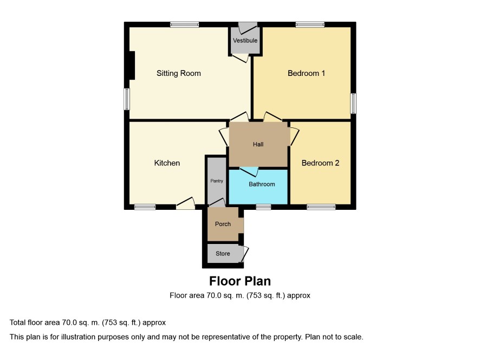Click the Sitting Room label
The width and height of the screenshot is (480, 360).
pos(178,73)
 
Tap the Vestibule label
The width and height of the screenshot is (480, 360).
pos(245,41)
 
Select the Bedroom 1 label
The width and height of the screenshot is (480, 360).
pos(306,73)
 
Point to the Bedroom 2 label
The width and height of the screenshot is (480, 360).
pos(320,163)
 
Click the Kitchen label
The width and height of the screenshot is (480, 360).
pos(167,163)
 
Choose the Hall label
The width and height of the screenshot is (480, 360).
pos(258,144)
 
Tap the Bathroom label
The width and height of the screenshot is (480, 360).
pos(262,184)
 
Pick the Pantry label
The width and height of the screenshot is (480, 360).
pos(217,181)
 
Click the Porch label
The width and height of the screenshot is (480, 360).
pos(223,224)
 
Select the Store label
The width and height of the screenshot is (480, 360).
pos(223,253)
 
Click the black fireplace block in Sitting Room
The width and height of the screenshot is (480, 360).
pos(132,65)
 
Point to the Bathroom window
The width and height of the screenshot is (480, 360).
pos(264,207)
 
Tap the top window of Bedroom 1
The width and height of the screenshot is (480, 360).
pos(310,24)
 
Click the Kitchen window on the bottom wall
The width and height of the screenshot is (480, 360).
pos(145,207)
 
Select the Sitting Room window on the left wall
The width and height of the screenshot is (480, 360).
pos(127,99)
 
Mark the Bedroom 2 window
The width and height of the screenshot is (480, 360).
pos(321,207)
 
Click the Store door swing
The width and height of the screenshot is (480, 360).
pos(245,254)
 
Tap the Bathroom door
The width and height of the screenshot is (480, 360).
pos(249,172)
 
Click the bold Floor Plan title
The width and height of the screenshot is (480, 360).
pos(240,281)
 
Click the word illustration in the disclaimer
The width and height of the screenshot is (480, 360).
pos(78,337)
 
